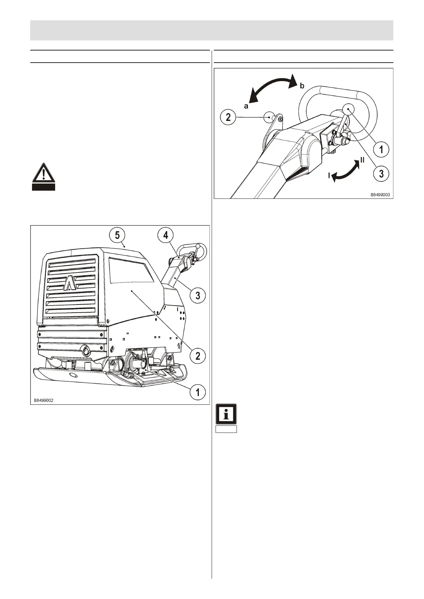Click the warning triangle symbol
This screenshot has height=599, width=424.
pyautogui.click(x=43, y=174)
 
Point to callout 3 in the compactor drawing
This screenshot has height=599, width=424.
pyautogui.click(x=197, y=295)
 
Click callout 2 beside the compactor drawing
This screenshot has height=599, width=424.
pyautogui.click(x=197, y=355)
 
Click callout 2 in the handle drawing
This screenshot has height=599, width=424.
pyautogui.click(x=228, y=117)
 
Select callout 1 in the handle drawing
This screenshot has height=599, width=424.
pyautogui.click(x=381, y=149)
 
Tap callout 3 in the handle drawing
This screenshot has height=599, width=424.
pyautogui.click(x=381, y=173)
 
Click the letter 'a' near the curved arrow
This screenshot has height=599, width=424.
pyautogui.click(x=245, y=105)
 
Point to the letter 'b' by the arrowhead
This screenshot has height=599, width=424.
pyautogui.click(x=302, y=86)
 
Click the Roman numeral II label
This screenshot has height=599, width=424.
pyautogui.click(x=362, y=160)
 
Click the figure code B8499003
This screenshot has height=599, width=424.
pyautogui.click(x=380, y=195)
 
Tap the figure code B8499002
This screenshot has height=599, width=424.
pyautogui.click(x=44, y=400)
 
